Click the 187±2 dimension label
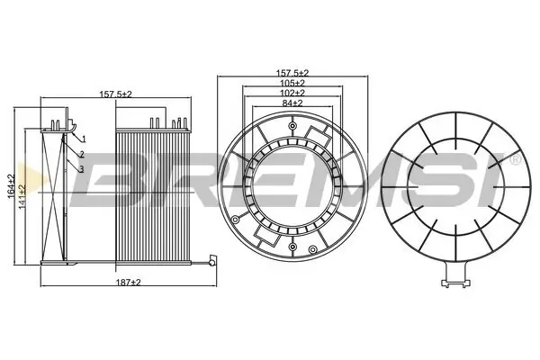click(x=128, y=283)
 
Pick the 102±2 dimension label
click(x=292, y=93)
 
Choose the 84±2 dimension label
click(x=292, y=104)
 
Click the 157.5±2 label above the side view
click(x=114, y=94)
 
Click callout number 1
click(x=83, y=139)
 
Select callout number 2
click(x=83, y=155)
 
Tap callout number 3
click(x=83, y=169)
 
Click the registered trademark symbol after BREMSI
click(x=514, y=158)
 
